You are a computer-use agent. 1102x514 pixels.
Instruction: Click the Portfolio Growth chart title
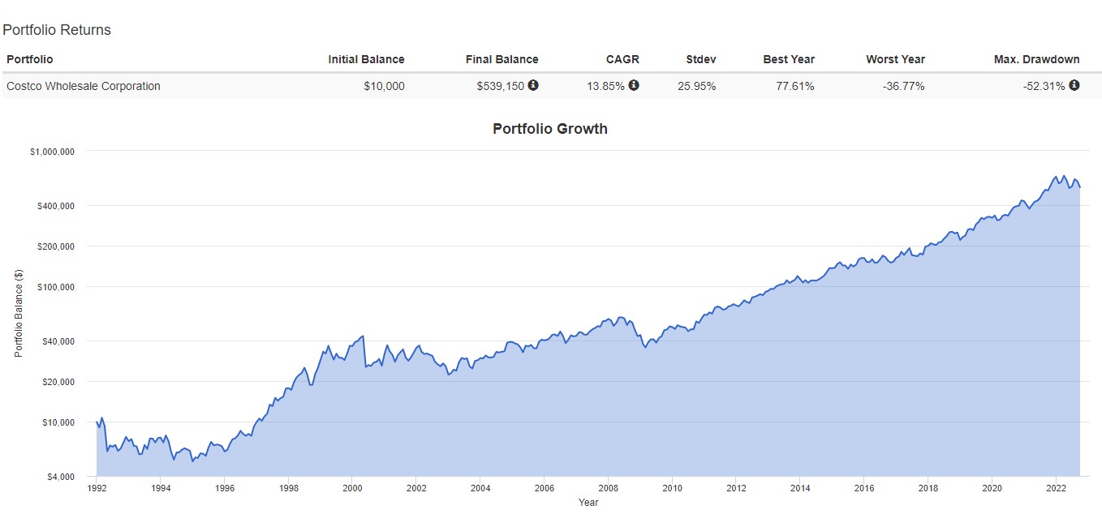550,129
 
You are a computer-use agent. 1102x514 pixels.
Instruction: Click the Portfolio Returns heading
57,30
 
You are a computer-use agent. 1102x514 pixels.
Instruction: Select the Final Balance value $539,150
501,86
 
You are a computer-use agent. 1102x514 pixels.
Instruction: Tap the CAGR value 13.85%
605,86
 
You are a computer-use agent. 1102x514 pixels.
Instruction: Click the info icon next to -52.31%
1074,85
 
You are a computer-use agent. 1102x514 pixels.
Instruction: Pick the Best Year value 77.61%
795,86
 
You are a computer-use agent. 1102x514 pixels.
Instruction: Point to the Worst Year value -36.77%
904,86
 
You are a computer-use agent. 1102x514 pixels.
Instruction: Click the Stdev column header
701,59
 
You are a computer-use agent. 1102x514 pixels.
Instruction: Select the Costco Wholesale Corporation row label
84,86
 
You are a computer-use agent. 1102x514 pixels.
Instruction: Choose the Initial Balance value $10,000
384,86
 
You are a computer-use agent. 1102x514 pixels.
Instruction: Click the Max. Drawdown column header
1036,59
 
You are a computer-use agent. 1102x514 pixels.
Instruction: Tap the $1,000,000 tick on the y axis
52,152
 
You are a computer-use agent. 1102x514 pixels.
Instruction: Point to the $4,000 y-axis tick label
61,477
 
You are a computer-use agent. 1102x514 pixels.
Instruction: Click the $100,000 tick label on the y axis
56,287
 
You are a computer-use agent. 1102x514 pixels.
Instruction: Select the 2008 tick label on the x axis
608,488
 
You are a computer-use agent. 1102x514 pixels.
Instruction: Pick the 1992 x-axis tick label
97,488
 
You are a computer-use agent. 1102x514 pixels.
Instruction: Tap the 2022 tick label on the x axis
1056,488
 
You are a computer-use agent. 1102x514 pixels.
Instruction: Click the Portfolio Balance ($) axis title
19,313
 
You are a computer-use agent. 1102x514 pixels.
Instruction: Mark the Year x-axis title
588,502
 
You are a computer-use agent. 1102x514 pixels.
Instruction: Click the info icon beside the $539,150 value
533,85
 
